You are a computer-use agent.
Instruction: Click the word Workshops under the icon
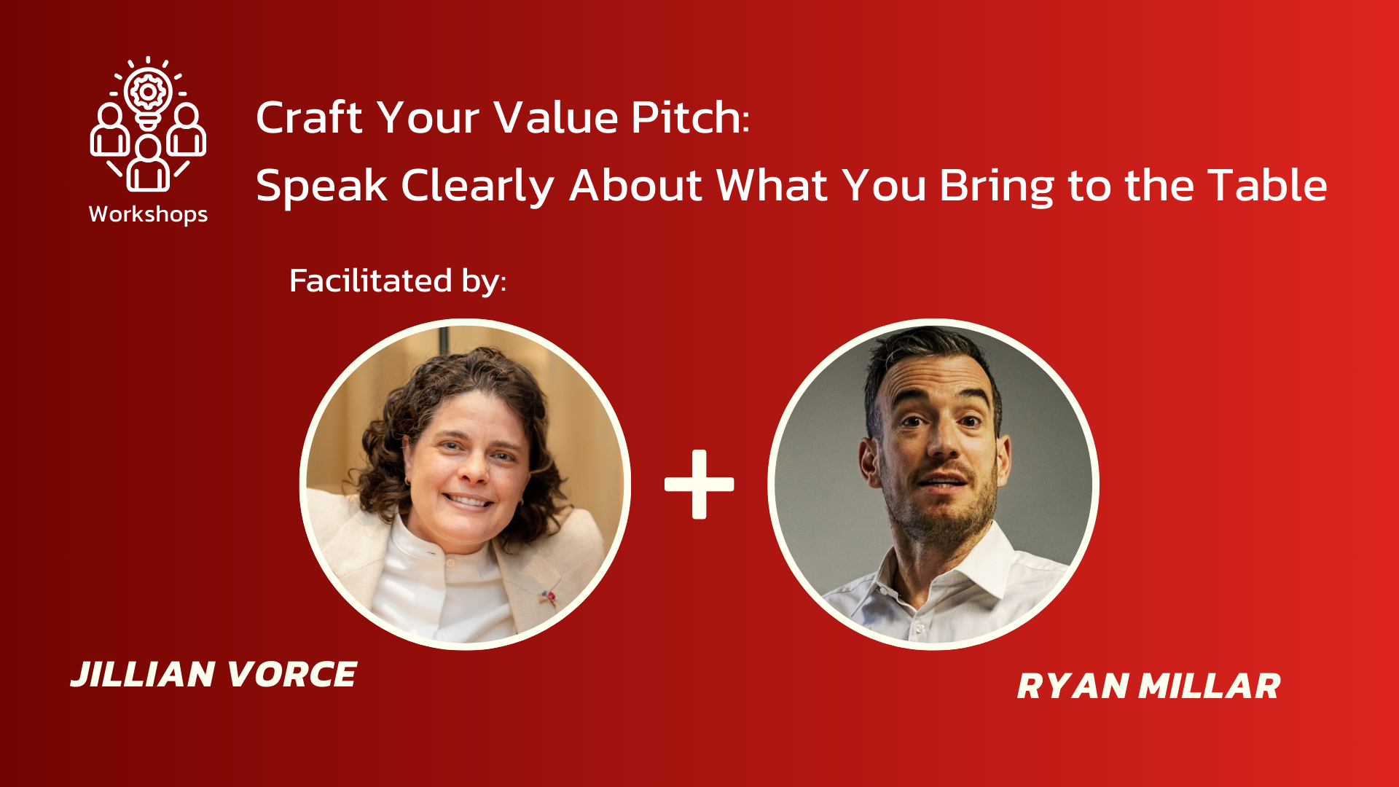click(x=148, y=214)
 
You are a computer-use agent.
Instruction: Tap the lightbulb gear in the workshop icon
click(x=148, y=93)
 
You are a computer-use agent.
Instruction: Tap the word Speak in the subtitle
click(x=321, y=185)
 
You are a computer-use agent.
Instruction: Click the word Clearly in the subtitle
click(x=477, y=187)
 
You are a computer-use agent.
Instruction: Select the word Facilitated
click(x=370, y=281)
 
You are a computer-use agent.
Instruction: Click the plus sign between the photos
click(x=699, y=484)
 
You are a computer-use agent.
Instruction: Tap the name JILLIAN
click(x=143, y=674)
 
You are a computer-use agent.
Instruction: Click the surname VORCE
click(x=291, y=674)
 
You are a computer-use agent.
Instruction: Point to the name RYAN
click(x=1072, y=686)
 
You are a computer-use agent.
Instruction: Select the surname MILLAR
click(x=1209, y=686)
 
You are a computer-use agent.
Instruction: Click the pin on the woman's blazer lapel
click(x=549, y=598)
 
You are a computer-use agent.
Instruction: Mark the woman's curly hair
click(x=444, y=386)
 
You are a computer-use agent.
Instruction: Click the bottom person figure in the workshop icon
click(x=148, y=165)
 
